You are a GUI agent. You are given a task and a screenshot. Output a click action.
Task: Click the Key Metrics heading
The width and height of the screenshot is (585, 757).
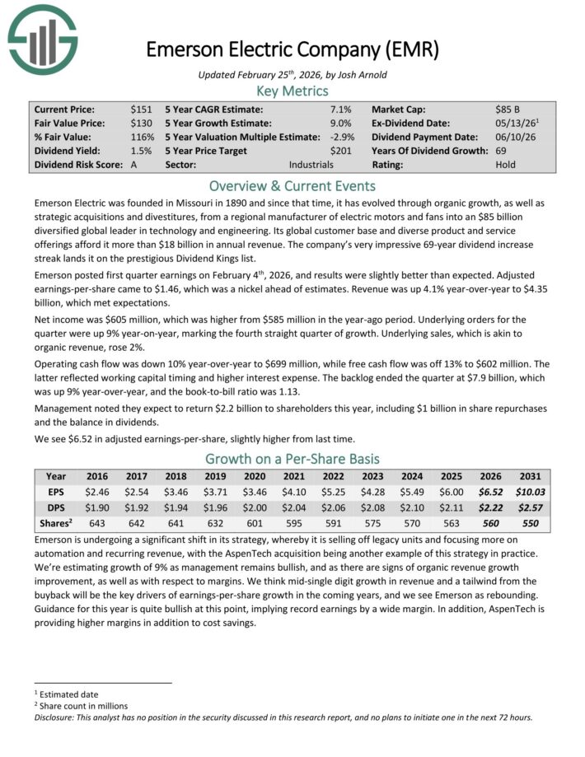pyautogui.click(x=292, y=91)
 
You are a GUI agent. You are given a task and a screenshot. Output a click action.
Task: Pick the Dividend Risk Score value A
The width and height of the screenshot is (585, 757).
pyautogui.click(x=134, y=165)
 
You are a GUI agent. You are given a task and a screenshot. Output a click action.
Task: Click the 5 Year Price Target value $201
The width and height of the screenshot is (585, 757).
pyautogui.click(x=340, y=151)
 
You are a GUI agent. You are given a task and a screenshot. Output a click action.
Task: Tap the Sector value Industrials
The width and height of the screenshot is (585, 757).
pyautogui.click(x=311, y=165)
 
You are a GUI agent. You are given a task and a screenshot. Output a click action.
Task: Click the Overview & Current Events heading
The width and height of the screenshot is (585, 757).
pyautogui.click(x=292, y=185)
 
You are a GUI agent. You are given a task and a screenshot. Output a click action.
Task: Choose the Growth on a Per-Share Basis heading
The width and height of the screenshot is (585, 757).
pyautogui.click(x=292, y=459)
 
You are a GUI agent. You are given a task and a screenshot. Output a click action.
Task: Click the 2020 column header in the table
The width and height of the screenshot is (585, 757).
pyautogui.click(x=252, y=476)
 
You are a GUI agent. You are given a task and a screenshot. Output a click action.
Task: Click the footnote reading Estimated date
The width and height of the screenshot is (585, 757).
pyautogui.click(x=68, y=694)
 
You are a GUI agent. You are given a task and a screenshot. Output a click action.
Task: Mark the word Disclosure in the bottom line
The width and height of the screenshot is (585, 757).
pyautogui.click(x=58, y=717)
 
